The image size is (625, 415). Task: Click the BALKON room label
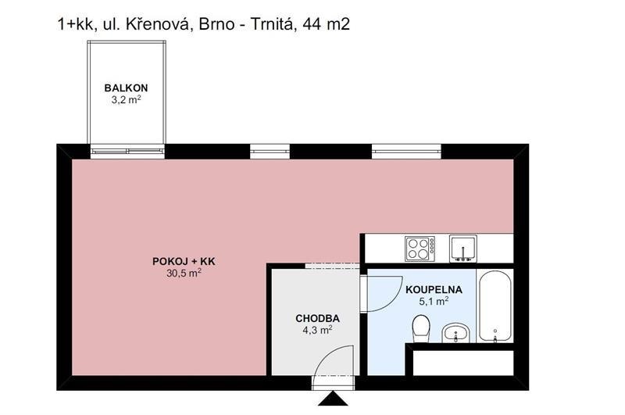[x=127, y=88]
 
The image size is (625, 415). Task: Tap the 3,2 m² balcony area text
[x=127, y=100]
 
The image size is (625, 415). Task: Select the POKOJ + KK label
[x=184, y=262]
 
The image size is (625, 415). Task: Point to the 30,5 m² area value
[x=184, y=274]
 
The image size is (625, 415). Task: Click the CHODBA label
[x=316, y=319]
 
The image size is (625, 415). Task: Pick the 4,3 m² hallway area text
[x=316, y=331]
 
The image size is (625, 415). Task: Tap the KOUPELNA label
[x=434, y=289]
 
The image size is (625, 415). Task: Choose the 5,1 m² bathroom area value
[x=434, y=301]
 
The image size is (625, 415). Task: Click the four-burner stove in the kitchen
[x=420, y=249]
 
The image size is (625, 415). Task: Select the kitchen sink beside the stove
[x=463, y=249]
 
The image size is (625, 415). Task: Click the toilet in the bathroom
[x=421, y=327]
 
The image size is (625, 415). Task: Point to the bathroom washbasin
[x=455, y=333]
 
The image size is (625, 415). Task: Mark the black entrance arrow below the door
[x=331, y=399]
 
